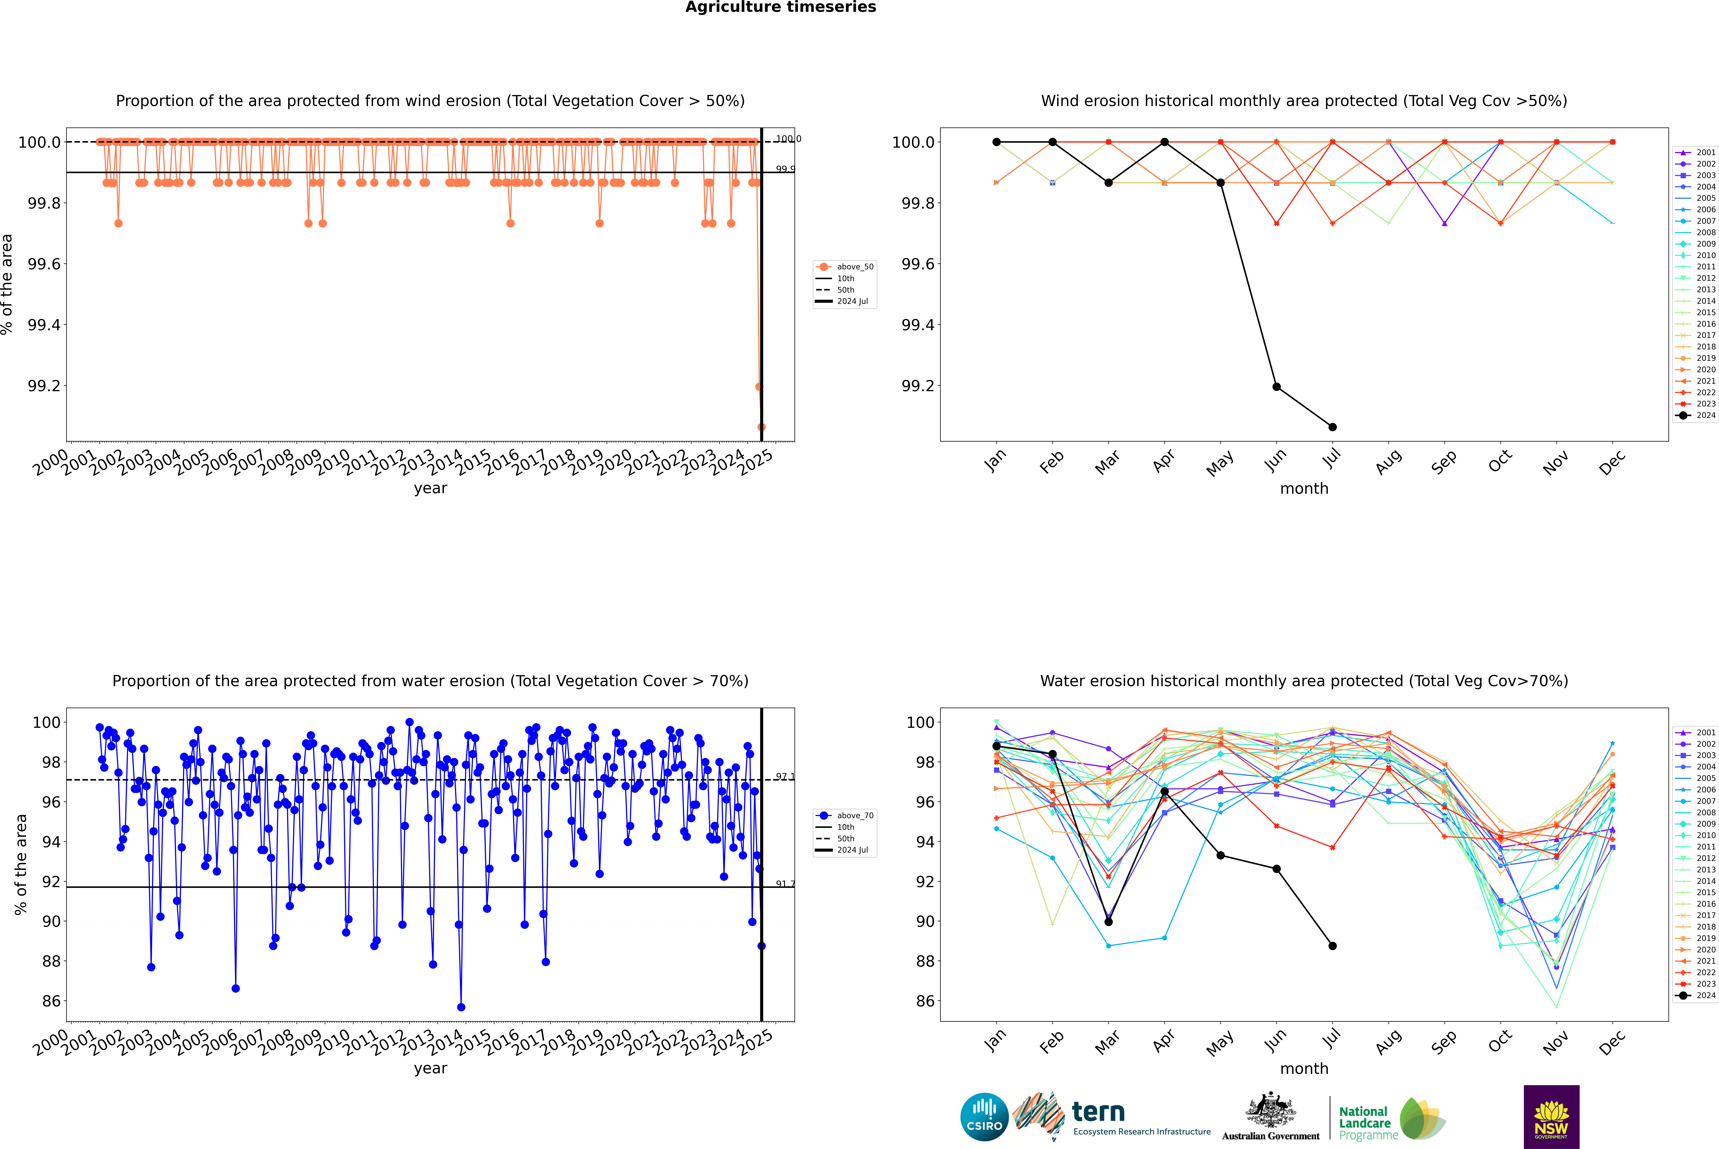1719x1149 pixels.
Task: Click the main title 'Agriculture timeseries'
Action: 780,7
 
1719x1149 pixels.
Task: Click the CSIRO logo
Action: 984,1117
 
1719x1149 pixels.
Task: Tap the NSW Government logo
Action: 1551,1117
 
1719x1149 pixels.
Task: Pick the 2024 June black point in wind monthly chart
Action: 1276,386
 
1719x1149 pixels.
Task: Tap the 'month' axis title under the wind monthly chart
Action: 1303,489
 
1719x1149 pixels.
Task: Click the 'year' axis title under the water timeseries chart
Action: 430,1068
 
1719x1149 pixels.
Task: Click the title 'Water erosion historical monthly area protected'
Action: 1303,681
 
